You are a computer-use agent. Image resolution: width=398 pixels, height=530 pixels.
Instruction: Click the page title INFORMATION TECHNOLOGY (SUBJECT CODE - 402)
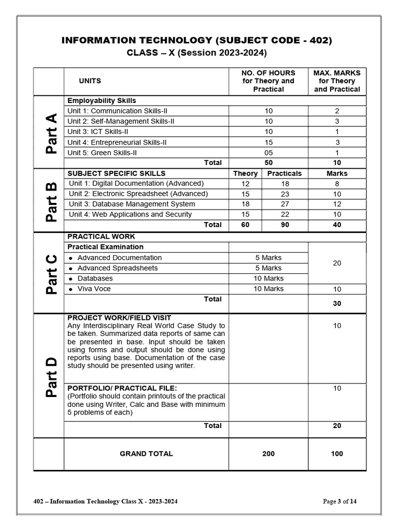[x=196, y=40]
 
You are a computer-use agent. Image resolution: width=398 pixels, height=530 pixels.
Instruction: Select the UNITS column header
[x=90, y=81]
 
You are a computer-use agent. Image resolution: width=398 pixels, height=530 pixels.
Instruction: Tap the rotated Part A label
[x=50, y=134]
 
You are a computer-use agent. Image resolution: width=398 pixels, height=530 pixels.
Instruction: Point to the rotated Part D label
[x=50, y=376]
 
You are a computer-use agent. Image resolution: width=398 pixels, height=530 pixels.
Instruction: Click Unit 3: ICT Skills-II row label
[x=98, y=131]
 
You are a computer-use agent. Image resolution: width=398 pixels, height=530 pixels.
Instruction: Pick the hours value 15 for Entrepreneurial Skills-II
[x=268, y=142]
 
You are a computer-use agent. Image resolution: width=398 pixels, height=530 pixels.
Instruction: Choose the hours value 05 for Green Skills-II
[x=268, y=153]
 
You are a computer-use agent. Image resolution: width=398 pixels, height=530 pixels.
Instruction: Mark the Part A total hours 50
[x=268, y=163]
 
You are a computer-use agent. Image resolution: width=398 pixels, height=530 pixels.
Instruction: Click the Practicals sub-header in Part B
[x=285, y=173]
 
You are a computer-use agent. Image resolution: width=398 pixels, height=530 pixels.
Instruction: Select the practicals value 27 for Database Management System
[x=285, y=204]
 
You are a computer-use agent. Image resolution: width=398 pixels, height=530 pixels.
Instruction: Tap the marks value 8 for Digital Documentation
[x=337, y=183]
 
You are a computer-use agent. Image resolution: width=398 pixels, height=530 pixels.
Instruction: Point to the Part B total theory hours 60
[x=245, y=225]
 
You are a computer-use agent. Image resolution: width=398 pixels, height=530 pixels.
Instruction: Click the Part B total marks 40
[x=337, y=225]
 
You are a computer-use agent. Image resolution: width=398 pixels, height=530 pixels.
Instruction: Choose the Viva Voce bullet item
[x=94, y=289]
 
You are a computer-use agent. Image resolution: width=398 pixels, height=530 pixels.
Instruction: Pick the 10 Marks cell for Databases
[x=268, y=278]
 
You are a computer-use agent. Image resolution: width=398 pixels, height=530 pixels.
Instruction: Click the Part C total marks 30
[x=337, y=303]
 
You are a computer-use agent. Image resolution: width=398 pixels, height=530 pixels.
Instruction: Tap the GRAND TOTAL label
[x=146, y=454]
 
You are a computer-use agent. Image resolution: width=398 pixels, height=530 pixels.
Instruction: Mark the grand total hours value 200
[x=268, y=454]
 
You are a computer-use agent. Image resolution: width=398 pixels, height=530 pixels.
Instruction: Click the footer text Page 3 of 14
[x=340, y=501]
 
